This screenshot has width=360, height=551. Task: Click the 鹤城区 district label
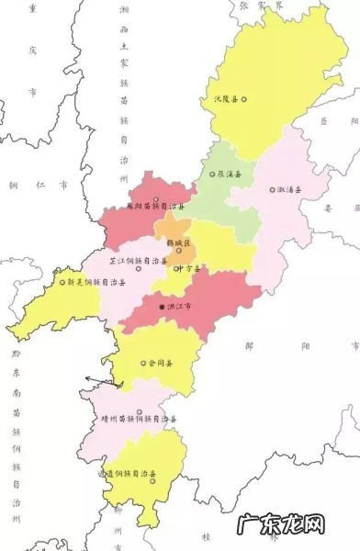tap(179, 242)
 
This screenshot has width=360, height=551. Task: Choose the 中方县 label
tap(188, 268)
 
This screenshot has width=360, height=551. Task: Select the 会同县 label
tap(159, 363)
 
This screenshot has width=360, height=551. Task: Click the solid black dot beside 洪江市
tap(161, 308)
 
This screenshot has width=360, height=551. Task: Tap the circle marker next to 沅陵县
tap(244, 98)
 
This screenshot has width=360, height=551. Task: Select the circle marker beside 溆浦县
tap(272, 190)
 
